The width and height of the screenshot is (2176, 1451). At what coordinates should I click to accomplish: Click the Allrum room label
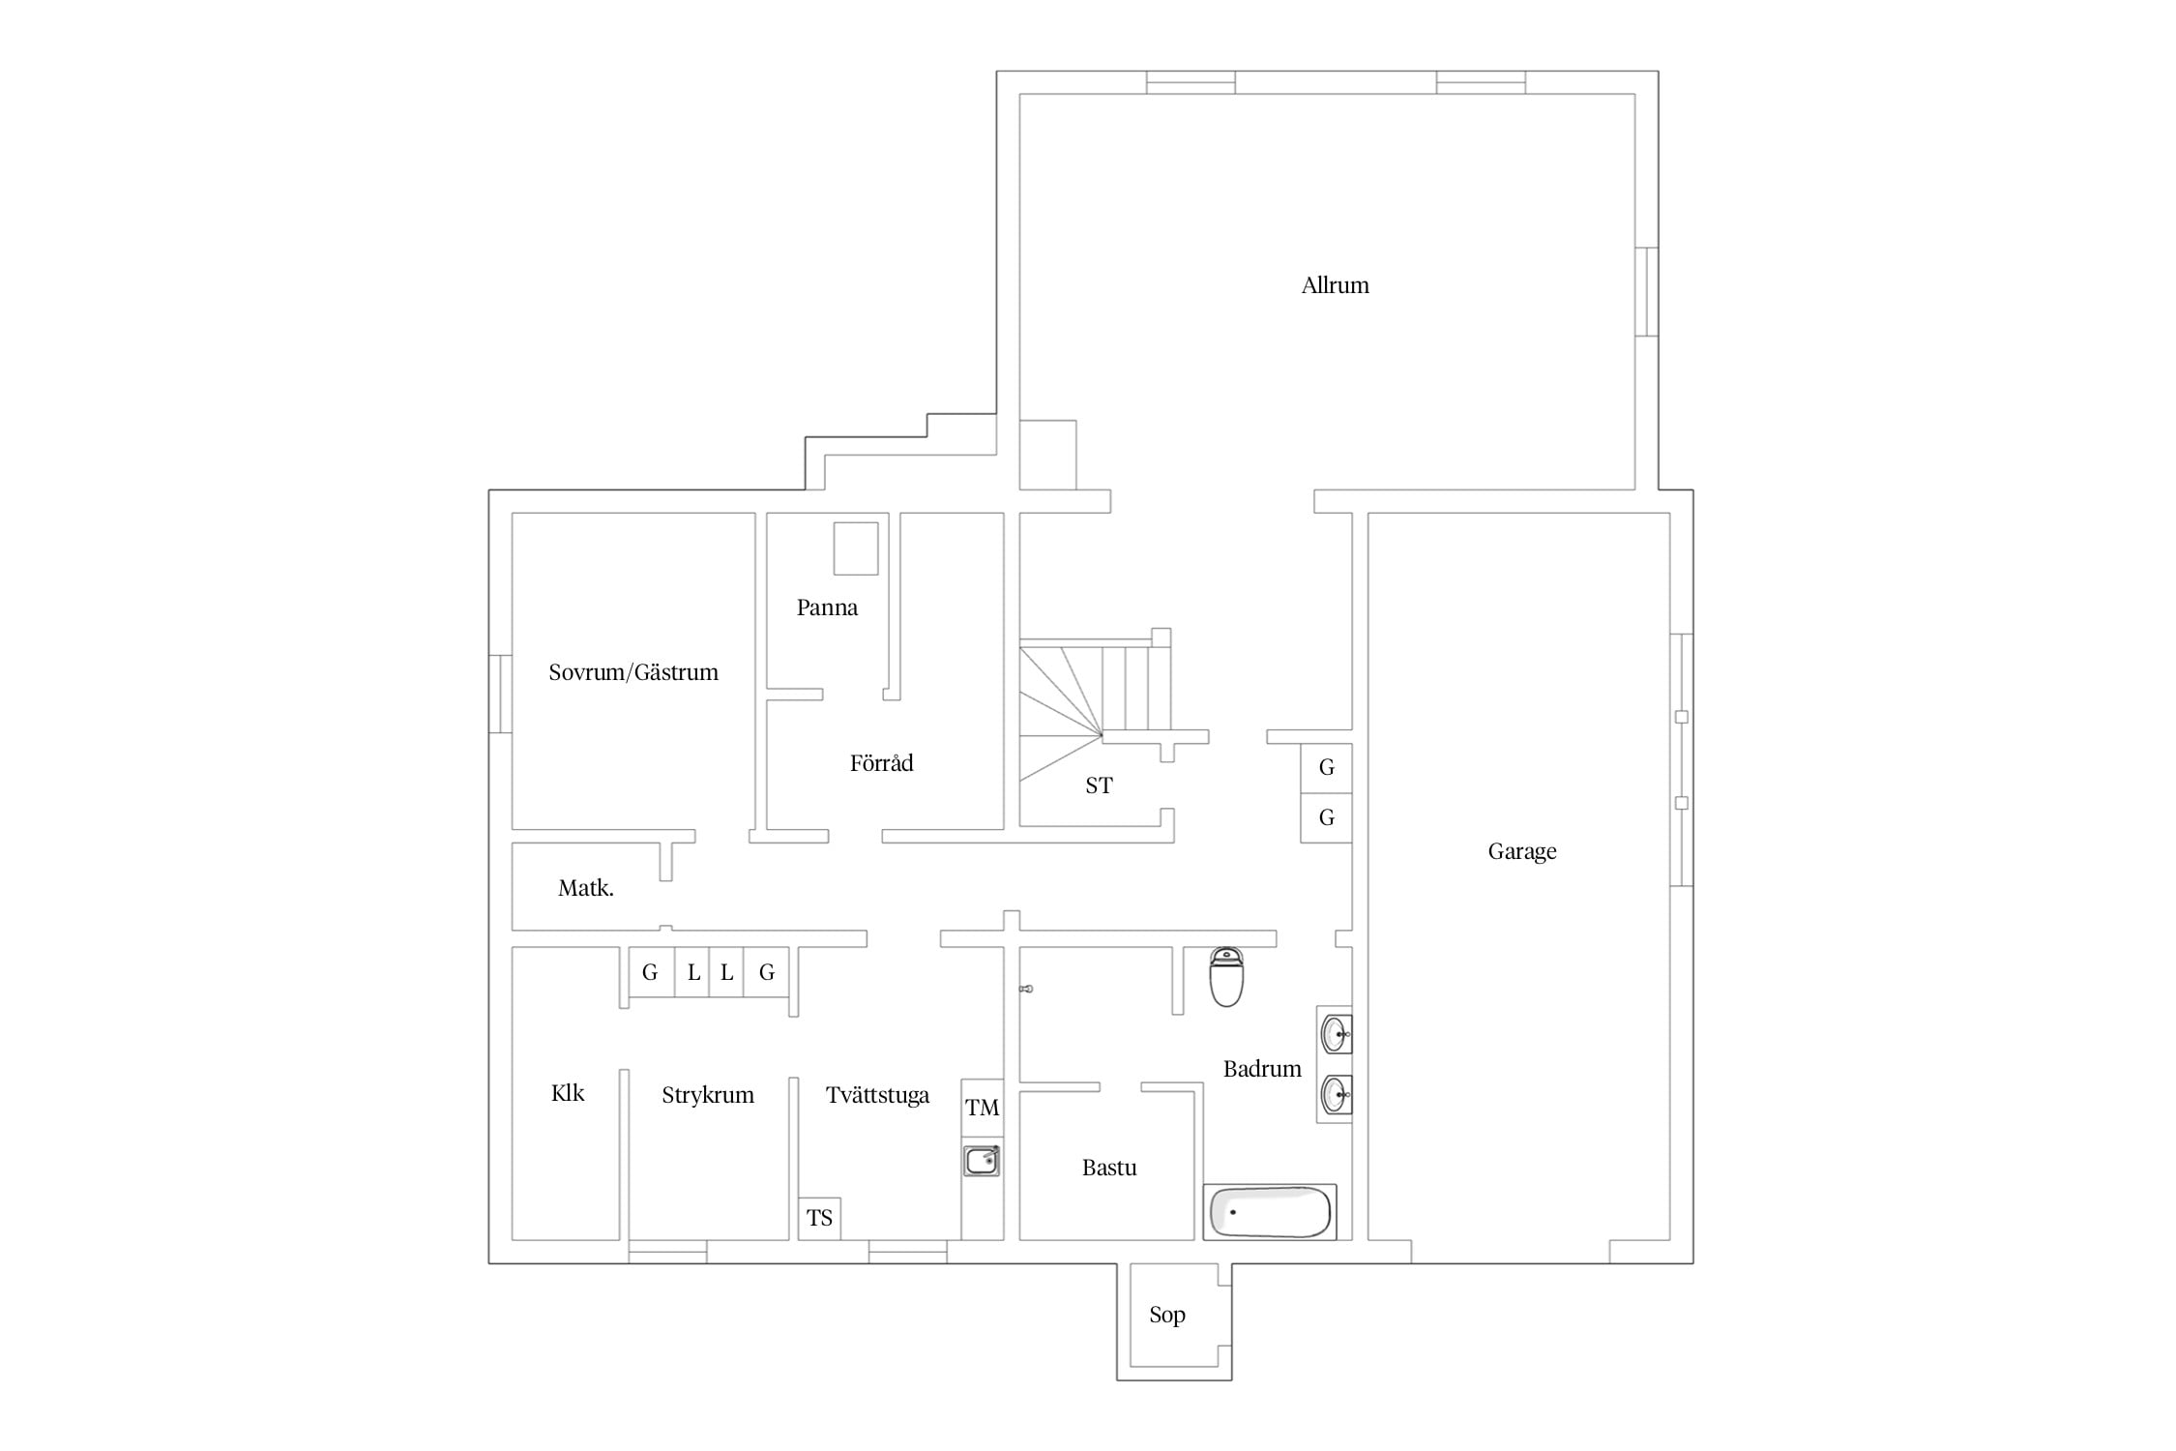(1335, 285)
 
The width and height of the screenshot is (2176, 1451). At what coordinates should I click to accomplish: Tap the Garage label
(1521, 851)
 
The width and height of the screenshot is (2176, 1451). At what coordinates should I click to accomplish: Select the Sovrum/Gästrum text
(633, 672)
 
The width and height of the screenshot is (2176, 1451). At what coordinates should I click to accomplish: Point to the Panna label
(827, 607)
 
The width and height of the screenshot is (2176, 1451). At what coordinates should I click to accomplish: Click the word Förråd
(881, 763)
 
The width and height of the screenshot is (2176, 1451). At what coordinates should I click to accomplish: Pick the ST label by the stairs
(1099, 785)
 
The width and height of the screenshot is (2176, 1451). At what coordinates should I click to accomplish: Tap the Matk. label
(586, 888)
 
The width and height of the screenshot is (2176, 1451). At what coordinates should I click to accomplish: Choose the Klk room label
(568, 1093)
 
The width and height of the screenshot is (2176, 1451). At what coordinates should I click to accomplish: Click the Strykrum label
(708, 1095)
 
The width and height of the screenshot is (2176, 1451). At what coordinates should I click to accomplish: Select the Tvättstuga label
(877, 1095)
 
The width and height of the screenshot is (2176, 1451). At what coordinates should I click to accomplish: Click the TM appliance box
(983, 1109)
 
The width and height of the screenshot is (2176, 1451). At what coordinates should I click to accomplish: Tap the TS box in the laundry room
(819, 1219)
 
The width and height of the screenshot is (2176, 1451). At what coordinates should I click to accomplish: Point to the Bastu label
(1109, 1168)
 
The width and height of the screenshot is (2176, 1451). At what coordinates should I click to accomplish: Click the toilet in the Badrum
(1226, 977)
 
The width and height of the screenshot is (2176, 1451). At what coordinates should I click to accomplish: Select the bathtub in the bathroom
(1270, 1212)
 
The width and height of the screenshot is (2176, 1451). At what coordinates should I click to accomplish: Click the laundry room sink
(982, 1160)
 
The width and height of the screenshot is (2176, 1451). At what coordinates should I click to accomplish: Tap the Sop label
(1167, 1315)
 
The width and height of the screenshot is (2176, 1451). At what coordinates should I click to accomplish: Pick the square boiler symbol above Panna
(856, 548)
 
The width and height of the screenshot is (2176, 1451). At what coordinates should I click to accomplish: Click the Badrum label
(1262, 1069)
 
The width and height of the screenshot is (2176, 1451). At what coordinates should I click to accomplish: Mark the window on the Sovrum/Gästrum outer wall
(500, 694)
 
